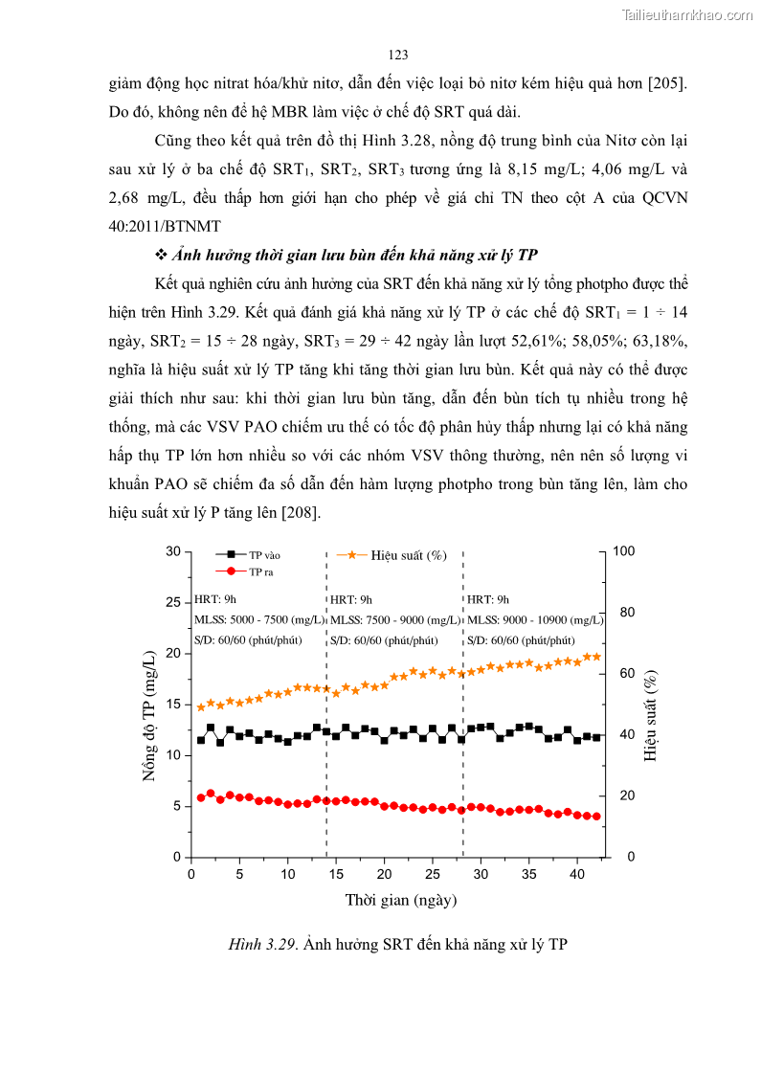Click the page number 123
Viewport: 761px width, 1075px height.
click(399, 54)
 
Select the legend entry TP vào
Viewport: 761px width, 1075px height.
click(264, 555)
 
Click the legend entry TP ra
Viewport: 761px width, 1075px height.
click(261, 571)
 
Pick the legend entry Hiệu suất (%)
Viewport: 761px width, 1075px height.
click(409, 555)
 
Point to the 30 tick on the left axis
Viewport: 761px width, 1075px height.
click(172, 551)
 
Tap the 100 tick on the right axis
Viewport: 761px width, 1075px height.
click(623, 551)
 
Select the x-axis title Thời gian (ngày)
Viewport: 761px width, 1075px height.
click(401, 900)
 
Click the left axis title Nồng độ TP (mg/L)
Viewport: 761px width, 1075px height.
click(150, 715)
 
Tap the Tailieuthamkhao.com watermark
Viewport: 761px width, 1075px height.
click(686, 14)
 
